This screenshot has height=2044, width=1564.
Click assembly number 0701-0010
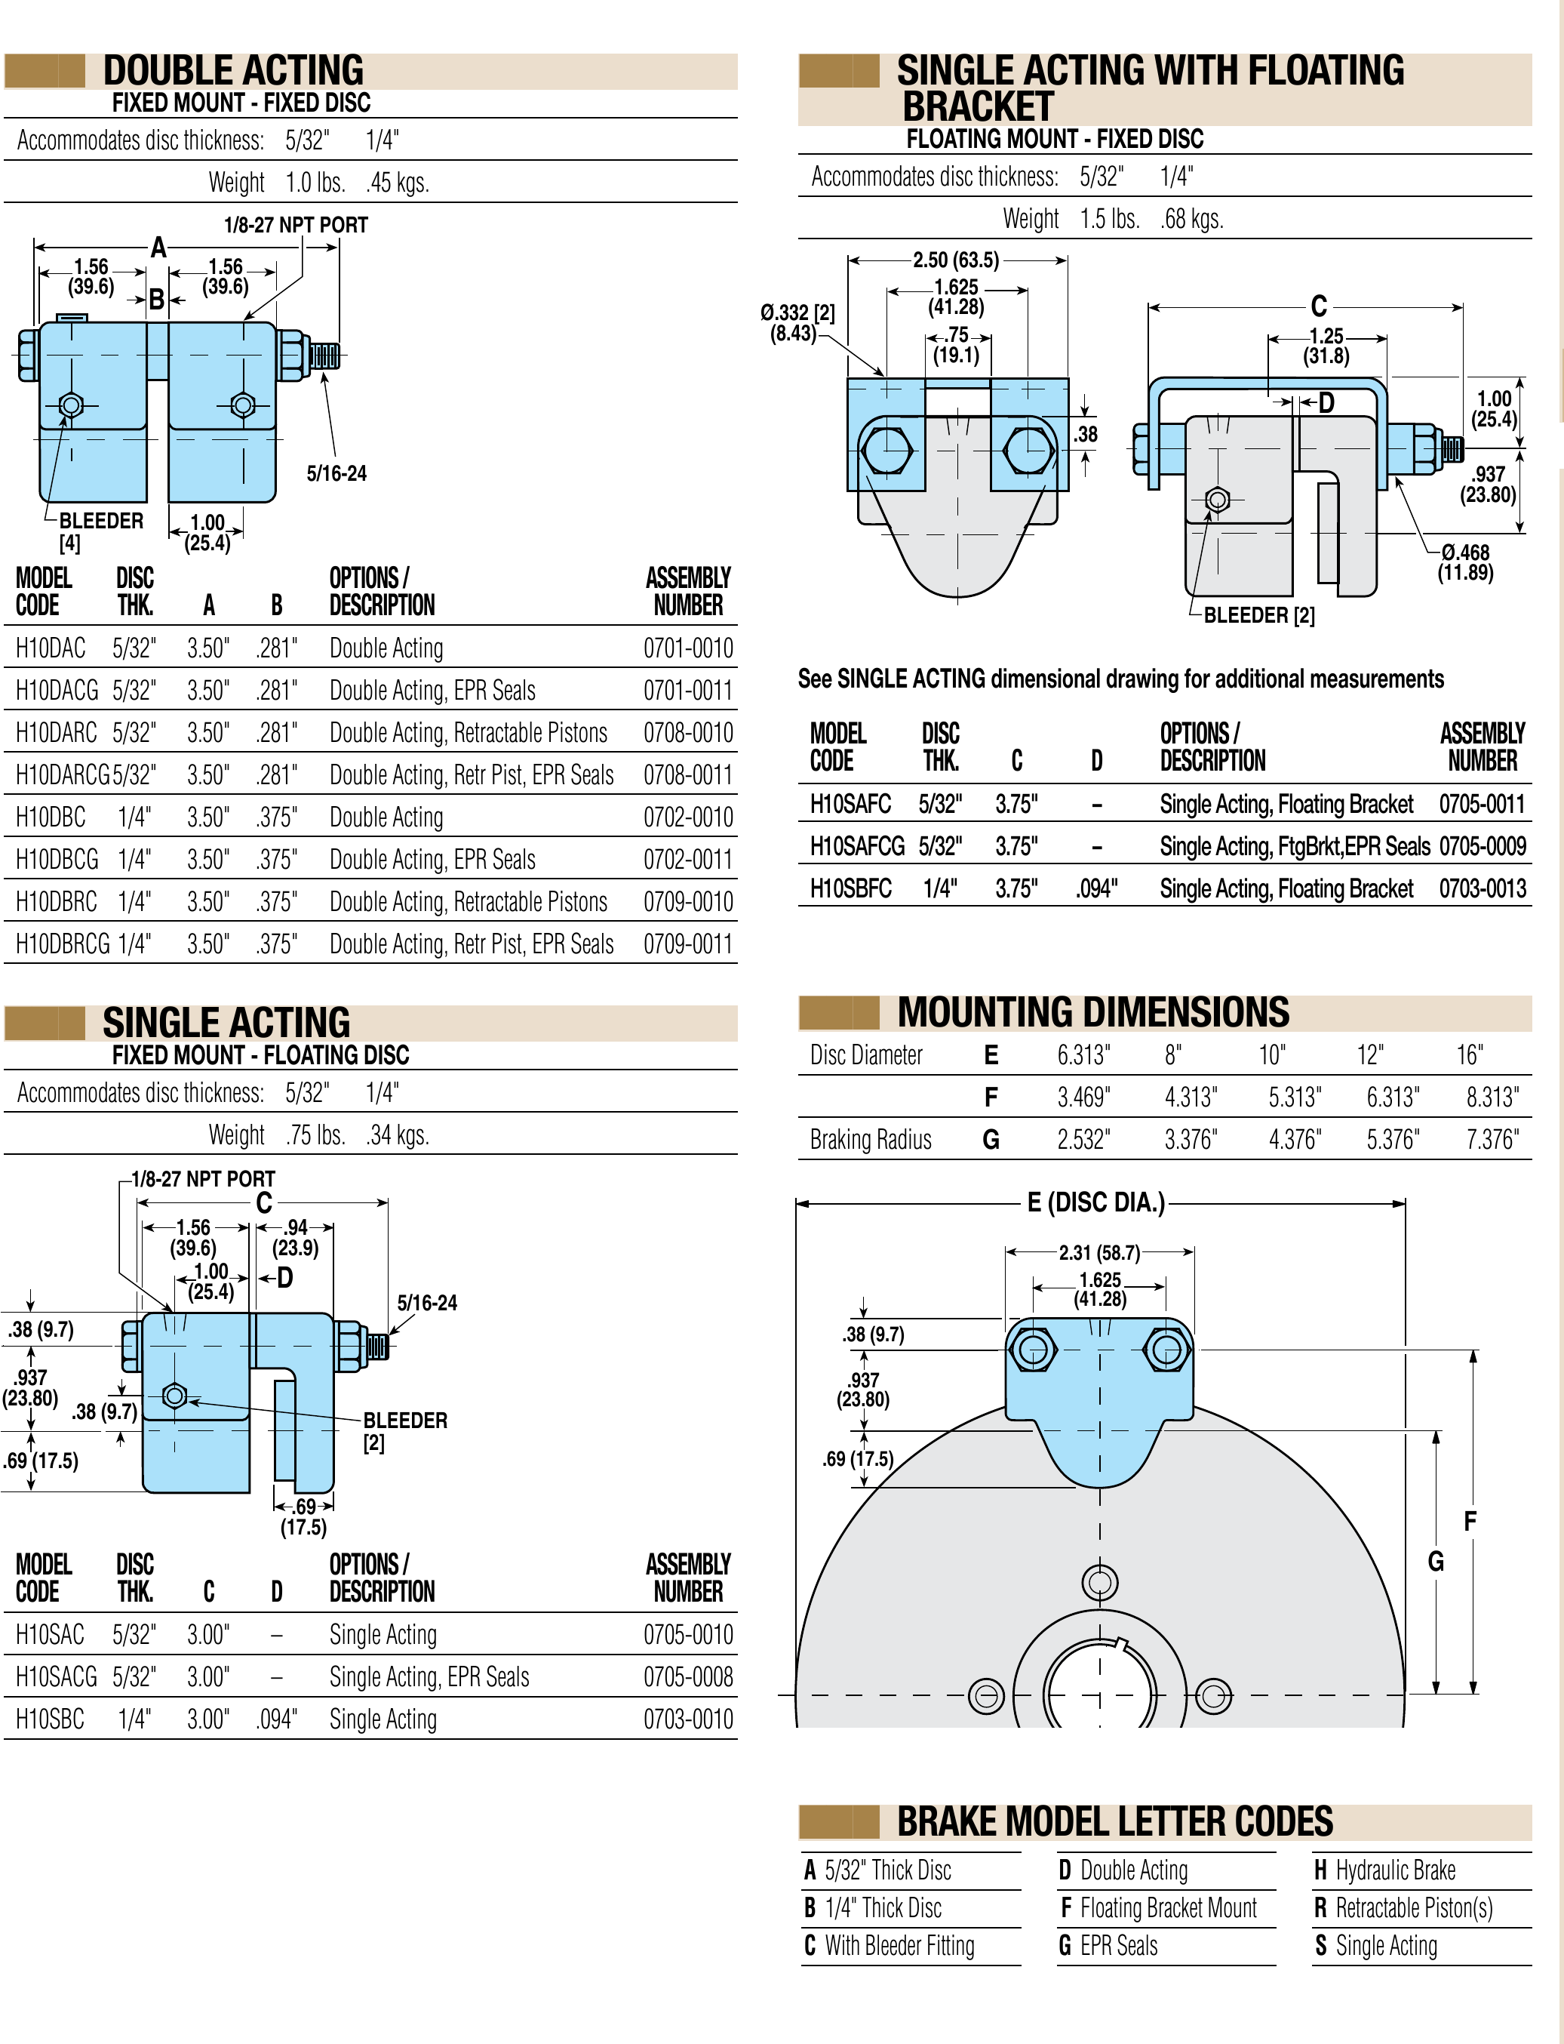pyautogui.click(x=688, y=648)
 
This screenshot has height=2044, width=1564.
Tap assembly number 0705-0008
pyautogui.click(x=688, y=1677)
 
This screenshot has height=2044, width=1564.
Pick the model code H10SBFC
pyautogui.click(x=850, y=888)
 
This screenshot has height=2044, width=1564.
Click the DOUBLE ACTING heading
pyautogui.click(x=232, y=71)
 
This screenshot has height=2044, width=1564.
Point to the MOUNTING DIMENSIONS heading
pyautogui.click(x=1093, y=1012)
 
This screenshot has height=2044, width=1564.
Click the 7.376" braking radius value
pyautogui.click(x=1492, y=1140)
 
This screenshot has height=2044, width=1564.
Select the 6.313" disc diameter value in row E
pyautogui.click(x=1083, y=1055)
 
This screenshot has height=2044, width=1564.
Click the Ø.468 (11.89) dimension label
pyautogui.click(x=1464, y=562)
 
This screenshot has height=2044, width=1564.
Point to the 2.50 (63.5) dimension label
pyautogui.click(x=955, y=260)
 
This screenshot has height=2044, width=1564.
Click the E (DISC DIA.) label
pyautogui.click(x=1095, y=1203)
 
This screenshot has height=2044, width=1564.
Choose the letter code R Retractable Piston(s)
pyautogui.click(x=1403, y=1908)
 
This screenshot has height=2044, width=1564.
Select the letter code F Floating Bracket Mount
pyautogui.click(x=1158, y=1908)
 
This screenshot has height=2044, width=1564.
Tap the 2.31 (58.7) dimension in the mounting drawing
pyautogui.click(x=1098, y=1252)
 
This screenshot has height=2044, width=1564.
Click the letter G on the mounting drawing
pyautogui.click(x=1436, y=1562)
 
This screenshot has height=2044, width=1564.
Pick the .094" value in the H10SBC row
pyautogui.click(x=276, y=1719)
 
